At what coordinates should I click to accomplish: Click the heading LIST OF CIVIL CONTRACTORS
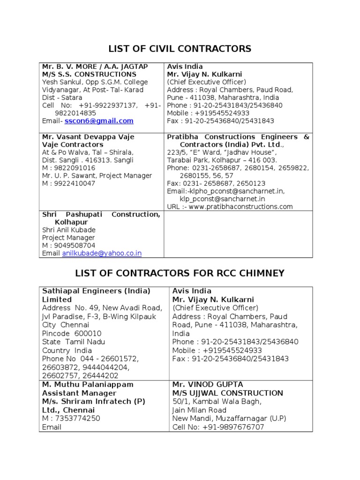tap(180, 49)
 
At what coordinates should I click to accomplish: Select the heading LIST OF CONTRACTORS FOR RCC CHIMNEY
tap(180, 273)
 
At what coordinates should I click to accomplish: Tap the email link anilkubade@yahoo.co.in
tap(102, 253)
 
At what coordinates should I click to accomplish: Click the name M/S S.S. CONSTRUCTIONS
tap(89, 74)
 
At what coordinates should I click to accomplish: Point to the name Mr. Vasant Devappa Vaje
tap(88, 137)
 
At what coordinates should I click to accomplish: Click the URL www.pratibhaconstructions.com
tap(241, 206)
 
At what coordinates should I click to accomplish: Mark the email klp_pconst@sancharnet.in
tap(219, 199)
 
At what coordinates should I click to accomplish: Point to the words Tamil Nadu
tap(85, 342)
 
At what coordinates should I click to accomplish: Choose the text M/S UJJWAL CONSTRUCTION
tap(228, 393)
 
